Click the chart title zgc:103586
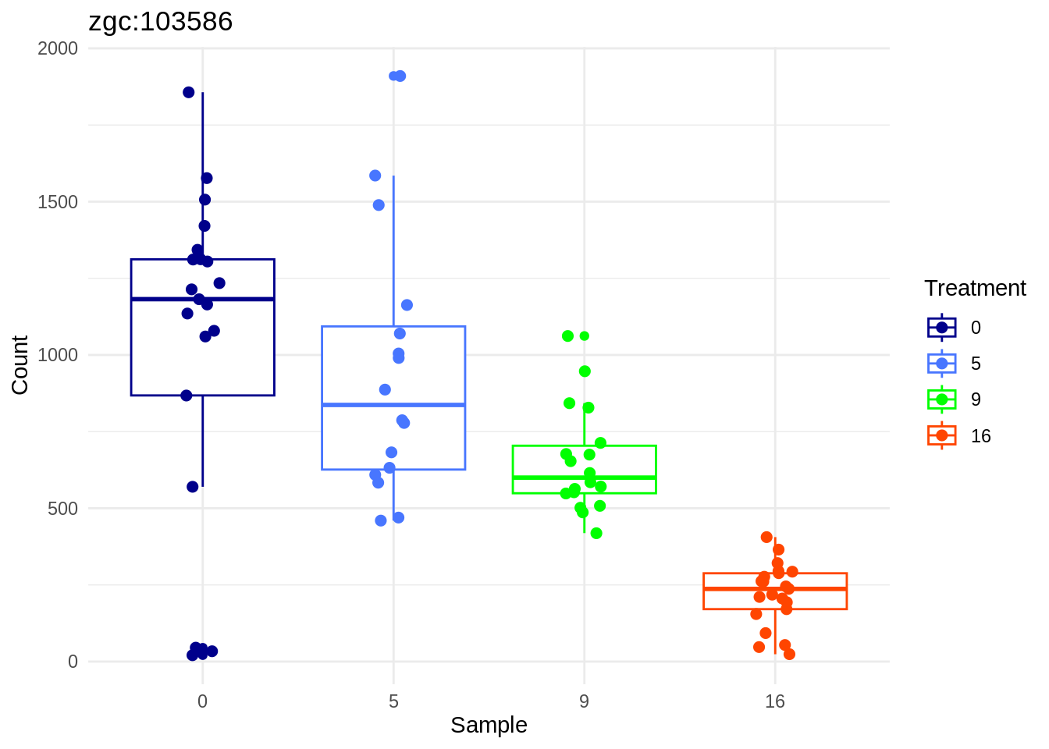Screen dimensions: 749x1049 161,22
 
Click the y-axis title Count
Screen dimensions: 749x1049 20,365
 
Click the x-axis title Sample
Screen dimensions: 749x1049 489,726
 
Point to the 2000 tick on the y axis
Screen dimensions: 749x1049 58,48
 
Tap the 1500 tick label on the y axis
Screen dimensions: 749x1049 58,202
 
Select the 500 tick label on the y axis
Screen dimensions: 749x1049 62,509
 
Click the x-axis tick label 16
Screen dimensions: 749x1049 774,701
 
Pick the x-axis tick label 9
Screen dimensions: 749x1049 584,701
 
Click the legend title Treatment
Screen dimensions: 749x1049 975,289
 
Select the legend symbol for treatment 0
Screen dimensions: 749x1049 941,328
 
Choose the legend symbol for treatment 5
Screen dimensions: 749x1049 941,364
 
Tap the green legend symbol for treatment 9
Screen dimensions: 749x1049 941,399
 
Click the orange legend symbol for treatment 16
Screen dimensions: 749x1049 941,435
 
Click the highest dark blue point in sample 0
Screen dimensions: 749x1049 188,92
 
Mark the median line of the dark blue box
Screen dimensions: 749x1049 202,299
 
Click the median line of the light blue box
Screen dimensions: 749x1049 393,405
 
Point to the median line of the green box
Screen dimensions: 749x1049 584,477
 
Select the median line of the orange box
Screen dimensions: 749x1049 774,588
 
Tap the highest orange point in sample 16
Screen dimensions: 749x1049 766,538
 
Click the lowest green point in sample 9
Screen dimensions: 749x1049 596,534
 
